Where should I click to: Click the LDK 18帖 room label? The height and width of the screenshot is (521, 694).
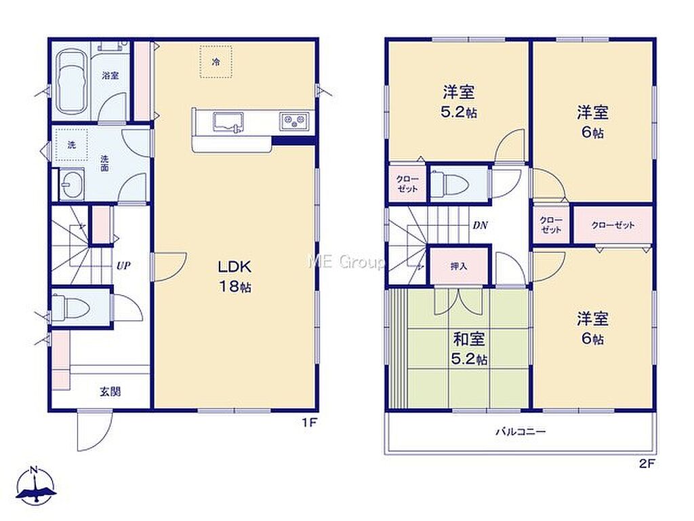pos(234,276)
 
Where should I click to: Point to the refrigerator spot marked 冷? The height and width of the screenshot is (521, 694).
pos(216,62)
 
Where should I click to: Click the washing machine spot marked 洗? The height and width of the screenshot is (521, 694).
pos(71,144)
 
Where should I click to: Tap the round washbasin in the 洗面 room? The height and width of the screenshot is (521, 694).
pos(70,183)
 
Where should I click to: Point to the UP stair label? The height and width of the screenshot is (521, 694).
pos(123,266)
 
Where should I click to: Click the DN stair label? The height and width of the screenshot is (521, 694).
pos(481,225)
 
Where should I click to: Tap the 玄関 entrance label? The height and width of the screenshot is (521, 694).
pos(110,391)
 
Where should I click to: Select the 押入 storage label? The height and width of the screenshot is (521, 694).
pos(459,266)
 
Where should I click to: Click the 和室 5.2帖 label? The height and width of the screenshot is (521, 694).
pos(469,349)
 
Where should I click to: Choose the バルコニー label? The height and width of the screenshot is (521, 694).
pos(520,431)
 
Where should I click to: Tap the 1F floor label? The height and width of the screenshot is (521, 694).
pos(310,423)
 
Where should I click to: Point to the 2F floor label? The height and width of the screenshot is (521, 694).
pos(647,464)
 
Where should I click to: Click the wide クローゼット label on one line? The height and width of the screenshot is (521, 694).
pos(613,225)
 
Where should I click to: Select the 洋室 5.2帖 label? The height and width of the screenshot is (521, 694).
pos(459,102)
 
